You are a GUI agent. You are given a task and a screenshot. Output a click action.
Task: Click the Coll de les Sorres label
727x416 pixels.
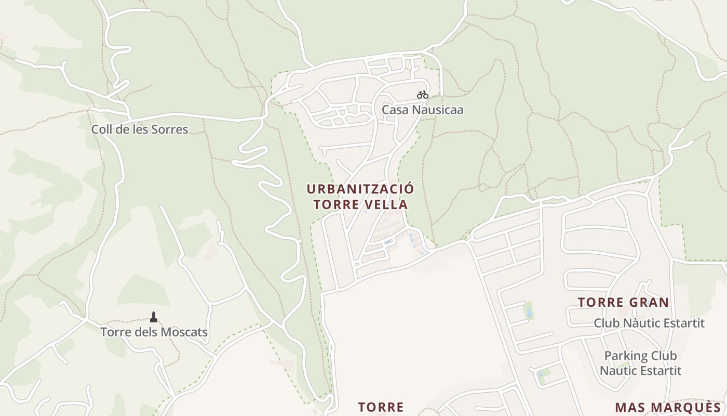click(140, 129)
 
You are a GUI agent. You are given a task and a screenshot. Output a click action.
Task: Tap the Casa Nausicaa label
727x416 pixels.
click(422, 110)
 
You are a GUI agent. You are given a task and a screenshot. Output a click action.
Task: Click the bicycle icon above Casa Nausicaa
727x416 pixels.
click(423, 95)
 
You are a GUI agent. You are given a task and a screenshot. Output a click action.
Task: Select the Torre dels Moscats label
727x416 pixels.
click(154, 332)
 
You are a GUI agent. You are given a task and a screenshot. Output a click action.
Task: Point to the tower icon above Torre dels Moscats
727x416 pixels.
click(153, 317)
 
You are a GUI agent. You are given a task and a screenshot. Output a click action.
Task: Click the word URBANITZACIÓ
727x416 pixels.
click(360, 188)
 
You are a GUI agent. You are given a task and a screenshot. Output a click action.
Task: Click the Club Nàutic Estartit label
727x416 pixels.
click(649, 323)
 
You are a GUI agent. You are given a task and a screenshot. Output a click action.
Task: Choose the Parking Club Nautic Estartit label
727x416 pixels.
click(640, 363)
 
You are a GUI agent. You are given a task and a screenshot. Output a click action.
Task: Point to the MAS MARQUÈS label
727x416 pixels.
click(668, 407)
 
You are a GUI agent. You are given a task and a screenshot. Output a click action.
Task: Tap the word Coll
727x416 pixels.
click(102, 129)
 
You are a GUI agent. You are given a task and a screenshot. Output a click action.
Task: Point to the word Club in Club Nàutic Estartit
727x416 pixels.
click(606, 323)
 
